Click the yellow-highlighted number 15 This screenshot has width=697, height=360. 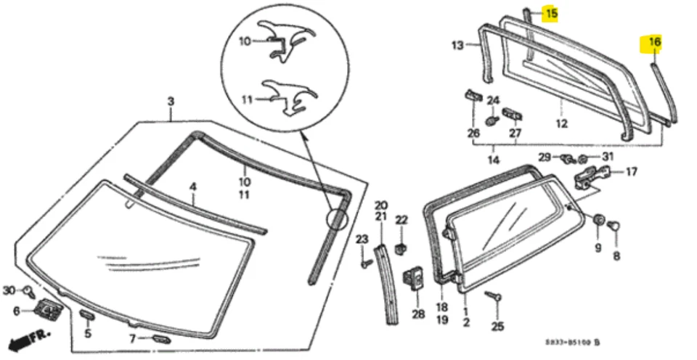pos(551,14)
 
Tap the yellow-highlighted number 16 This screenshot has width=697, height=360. pos(654,43)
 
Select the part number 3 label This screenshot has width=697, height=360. pos(171,102)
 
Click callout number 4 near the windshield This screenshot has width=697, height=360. pos(192,187)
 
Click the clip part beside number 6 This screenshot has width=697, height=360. pos(48,310)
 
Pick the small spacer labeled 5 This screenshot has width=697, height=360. pos(86,314)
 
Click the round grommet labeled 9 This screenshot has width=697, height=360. pos(599,220)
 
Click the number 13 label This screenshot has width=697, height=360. pos(457,46)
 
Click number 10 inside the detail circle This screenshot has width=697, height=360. pos(245,41)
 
